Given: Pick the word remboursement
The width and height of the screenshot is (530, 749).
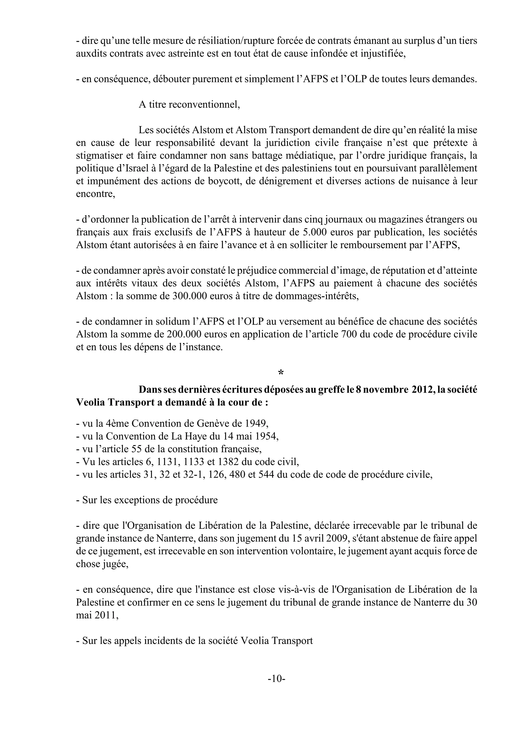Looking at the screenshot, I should pos(366,245).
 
